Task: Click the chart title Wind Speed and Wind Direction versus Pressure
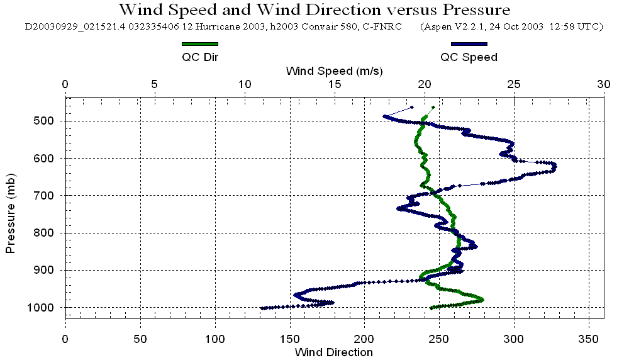pyautogui.click(x=314, y=10)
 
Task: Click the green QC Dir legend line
pyautogui.click(x=199, y=44)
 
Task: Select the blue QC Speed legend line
pyautogui.click(x=469, y=44)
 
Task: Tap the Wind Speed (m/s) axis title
pyautogui.click(x=334, y=70)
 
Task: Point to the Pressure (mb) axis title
pyautogui.click(x=11, y=211)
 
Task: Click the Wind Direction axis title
pyautogui.click(x=334, y=352)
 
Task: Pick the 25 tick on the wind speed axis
pyautogui.click(x=514, y=84)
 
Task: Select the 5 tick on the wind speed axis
pyautogui.click(x=155, y=84)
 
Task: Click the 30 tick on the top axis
pyautogui.click(x=604, y=84)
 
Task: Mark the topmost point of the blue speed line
pyautogui.click(x=412, y=107)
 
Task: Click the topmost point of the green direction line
pyautogui.click(x=433, y=107)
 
